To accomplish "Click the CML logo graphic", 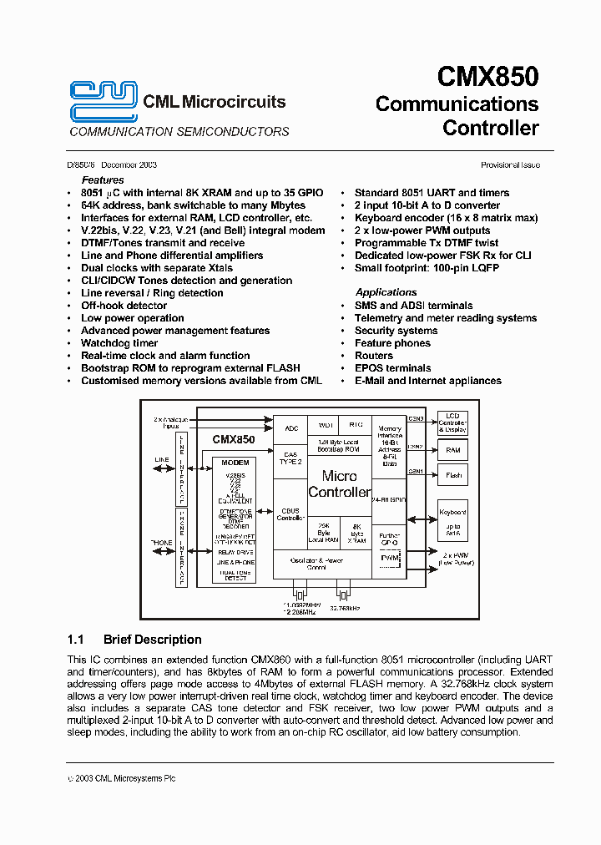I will point(103,101).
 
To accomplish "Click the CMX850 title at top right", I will point(487,77).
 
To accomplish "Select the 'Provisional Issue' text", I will point(510,165).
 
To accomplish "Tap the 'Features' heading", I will point(103,180).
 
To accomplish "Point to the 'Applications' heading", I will point(386,292).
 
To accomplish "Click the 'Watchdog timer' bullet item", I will point(119,343).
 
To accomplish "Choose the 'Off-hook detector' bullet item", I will point(124,306).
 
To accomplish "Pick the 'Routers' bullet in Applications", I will point(373,356).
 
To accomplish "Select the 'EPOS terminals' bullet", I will point(392,368).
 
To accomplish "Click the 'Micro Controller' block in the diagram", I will point(339,483).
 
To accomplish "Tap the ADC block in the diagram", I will point(291,428).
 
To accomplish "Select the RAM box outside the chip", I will point(453,450).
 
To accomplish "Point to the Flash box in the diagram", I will point(453,476).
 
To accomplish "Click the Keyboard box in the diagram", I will point(453,520).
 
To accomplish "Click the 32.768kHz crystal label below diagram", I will point(343,609).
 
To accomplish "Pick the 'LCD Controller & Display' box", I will point(453,422).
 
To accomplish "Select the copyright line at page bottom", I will point(121,778).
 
